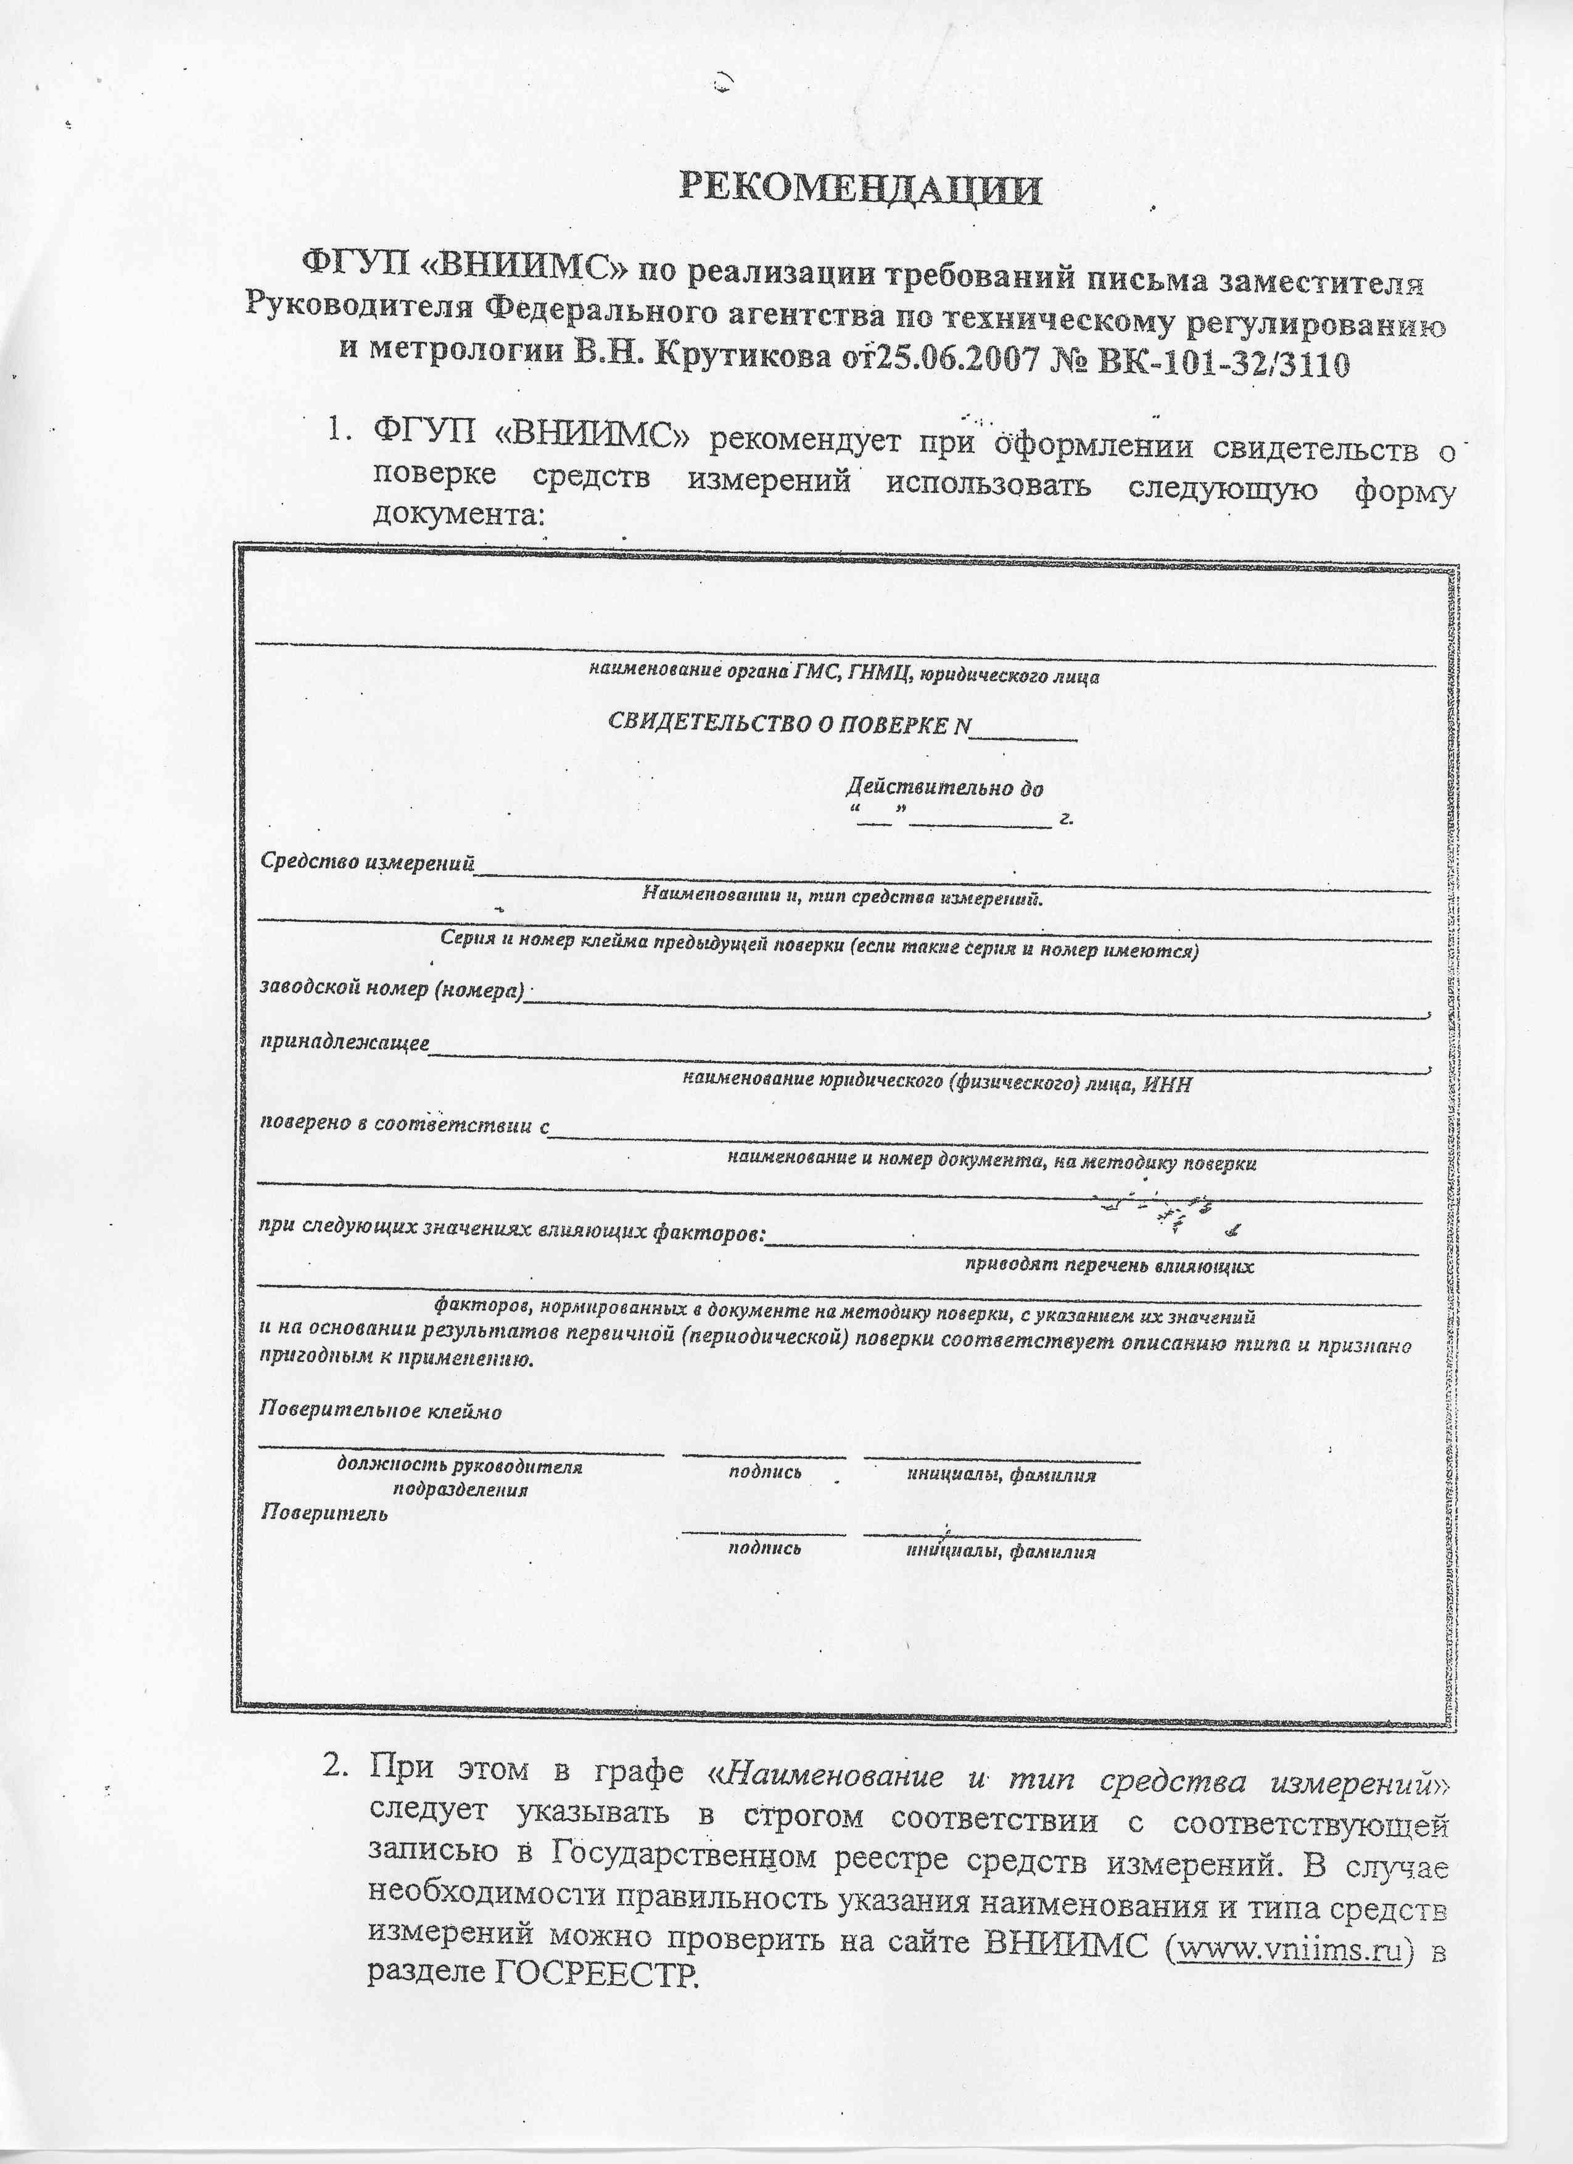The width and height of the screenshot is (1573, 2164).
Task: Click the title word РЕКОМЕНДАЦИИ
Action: (x=860, y=189)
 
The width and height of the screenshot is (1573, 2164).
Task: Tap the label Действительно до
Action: (x=944, y=788)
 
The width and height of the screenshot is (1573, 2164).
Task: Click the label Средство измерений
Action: (x=368, y=863)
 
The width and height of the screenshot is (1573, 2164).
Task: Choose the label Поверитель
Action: (x=324, y=1512)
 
